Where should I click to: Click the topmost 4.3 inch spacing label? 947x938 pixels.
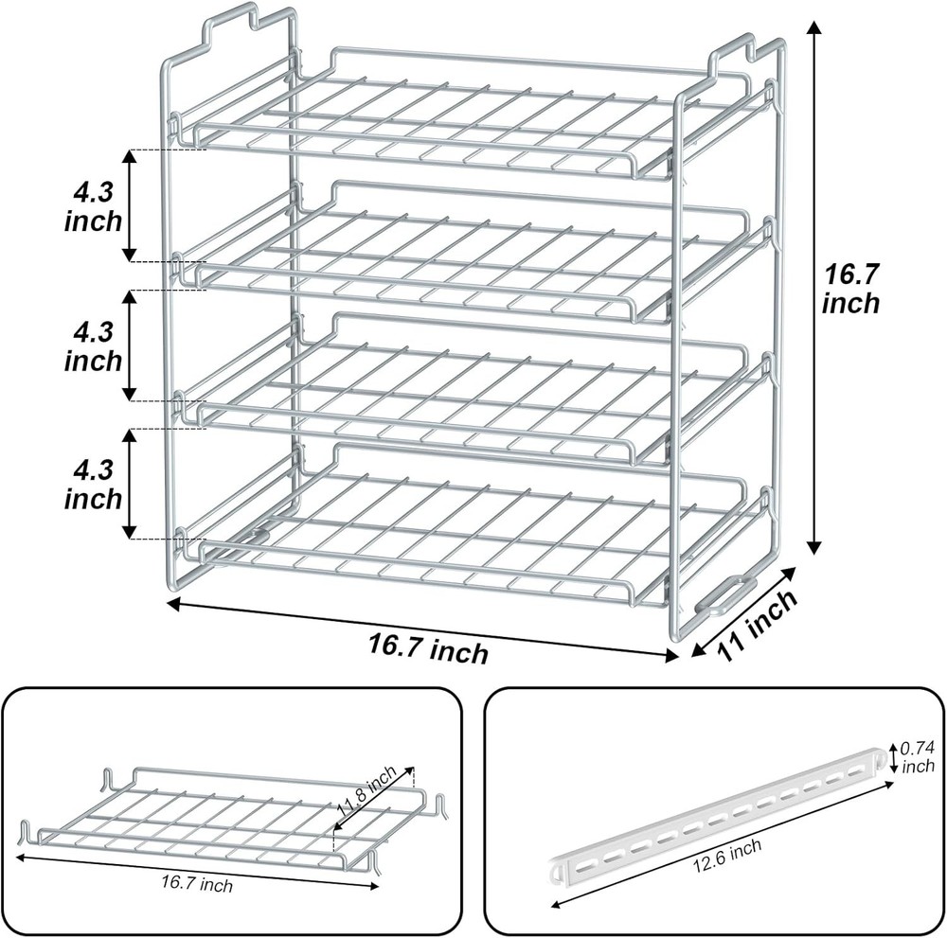pyautogui.click(x=93, y=206)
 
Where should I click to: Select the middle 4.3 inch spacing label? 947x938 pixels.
pyautogui.click(x=93, y=346)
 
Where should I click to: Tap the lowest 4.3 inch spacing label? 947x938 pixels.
pyautogui.click(x=93, y=484)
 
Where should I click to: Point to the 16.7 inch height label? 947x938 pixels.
pyautogui.click(x=850, y=289)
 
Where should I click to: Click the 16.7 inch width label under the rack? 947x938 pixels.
pyautogui.click(x=428, y=648)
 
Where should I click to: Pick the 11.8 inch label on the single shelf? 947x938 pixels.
pyautogui.click(x=366, y=793)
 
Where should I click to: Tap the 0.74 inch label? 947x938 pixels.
pyautogui.click(x=917, y=755)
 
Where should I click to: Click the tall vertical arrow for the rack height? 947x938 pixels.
pyautogui.click(x=813, y=289)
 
